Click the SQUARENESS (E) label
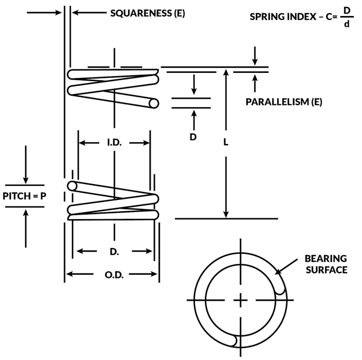[148, 13]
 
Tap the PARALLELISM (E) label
[284, 102]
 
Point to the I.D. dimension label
[114, 143]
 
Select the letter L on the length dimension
[226, 142]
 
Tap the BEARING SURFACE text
[326, 264]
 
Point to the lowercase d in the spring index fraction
[347, 25]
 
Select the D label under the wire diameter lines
[193, 137]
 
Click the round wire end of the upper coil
[154, 103]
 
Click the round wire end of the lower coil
[72, 186]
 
